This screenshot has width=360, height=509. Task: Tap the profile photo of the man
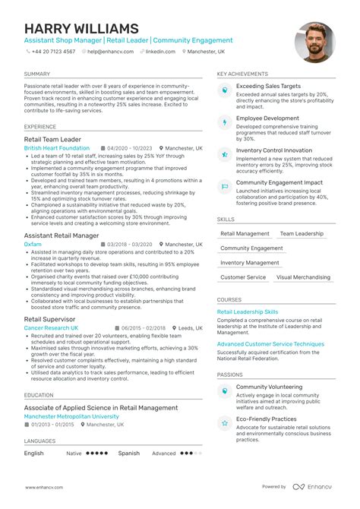[x=314, y=43]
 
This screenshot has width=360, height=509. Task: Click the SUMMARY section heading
[x=36, y=74]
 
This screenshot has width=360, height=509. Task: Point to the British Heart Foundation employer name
[x=56, y=148]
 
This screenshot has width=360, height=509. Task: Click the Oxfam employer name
[x=33, y=244]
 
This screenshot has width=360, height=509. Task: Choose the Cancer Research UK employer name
[x=51, y=327]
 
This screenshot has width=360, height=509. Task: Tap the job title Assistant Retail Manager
[x=62, y=235]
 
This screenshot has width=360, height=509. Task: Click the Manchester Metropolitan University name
[x=71, y=416]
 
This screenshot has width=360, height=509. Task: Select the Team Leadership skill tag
[x=301, y=234]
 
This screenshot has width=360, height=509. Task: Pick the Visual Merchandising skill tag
[x=302, y=277]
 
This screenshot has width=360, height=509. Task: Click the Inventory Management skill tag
[x=250, y=263]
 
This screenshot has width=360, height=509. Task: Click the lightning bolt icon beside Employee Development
[x=224, y=122]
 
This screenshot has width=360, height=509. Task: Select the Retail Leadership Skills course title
[x=248, y=311]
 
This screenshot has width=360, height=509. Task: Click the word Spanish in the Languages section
[x=129, y=453]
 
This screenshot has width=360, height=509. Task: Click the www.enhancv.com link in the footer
[x=43, y=486]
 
